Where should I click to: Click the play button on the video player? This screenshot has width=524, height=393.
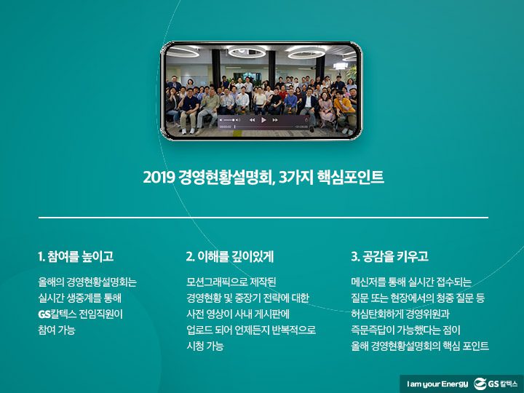point(263,119)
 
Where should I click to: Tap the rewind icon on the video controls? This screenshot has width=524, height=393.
point(253,119)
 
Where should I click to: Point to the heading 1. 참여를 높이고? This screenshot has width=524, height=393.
point(75,256)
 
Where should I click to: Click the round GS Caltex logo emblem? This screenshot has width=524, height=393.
point(481,383)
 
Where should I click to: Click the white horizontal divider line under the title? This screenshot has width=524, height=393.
point(263,217)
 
